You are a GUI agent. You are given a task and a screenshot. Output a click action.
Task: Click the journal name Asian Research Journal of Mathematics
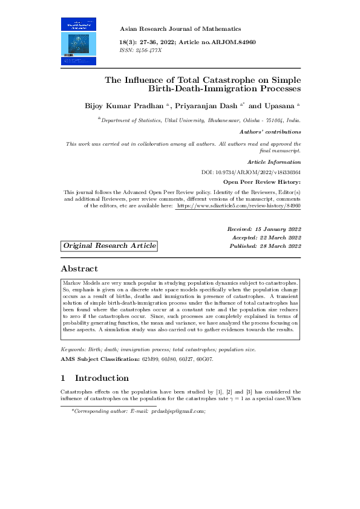(180, 28)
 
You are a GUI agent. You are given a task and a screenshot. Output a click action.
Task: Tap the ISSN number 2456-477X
(149, 50)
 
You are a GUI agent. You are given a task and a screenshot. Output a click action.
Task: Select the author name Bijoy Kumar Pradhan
(126, 105)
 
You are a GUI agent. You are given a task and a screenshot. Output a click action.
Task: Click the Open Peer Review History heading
(262, 181)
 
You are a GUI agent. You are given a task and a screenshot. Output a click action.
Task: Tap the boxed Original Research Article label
(110, 245)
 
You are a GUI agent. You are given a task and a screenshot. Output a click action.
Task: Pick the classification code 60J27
(182, 359)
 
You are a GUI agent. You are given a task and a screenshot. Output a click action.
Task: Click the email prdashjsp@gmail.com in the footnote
(178, 411)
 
